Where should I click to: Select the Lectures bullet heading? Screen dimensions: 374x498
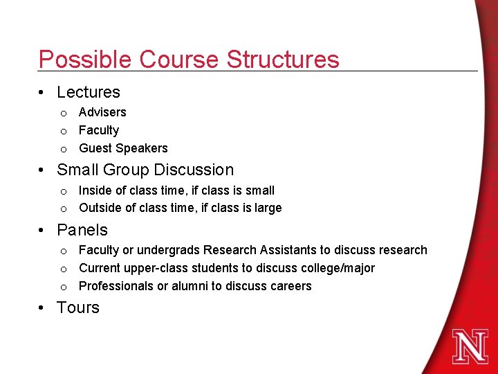pyautogui.click(x=88, y=92)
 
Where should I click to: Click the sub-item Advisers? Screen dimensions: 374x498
pyautogui.click(x=102, y=112)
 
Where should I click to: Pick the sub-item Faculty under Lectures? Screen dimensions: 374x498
pyautogui.click(x=99, y=130)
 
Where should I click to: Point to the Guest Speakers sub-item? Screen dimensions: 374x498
pyautogui.click(x=123, y=148)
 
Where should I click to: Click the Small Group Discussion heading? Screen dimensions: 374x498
pyautogui.click(x=145, y=170)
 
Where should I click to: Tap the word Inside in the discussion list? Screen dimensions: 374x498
pyautogui.click(x=95, y=190)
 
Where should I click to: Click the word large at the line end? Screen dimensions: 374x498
pyautogui.click(x=268, y=208)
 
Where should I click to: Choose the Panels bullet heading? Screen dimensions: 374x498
pyautogui.click(x=82, y=230)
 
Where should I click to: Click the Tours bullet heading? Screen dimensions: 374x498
pyautogui.click(x=78, y=308)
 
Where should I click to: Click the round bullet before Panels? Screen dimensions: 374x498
pyautogui.click(x=43, y=230)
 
